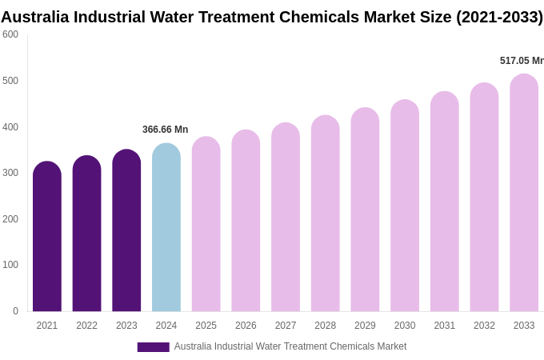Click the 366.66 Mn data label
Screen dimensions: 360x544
(x=165, y=130)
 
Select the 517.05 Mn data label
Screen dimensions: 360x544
(x=522, y=61)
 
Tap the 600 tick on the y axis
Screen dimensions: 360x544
(x=10, y=34)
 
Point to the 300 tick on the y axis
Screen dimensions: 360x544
(x=10, y=173)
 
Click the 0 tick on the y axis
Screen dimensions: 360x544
(x=15, y=311)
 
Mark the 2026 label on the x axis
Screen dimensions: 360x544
(x=246, y=326)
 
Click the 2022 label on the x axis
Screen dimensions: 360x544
(x=86, y=326)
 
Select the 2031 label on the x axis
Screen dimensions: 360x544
(x=445, y=326)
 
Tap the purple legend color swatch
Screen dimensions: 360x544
(x=153, y=347)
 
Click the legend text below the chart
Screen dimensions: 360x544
(x=290, y=346)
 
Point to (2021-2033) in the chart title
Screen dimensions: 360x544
(x=499, y=17)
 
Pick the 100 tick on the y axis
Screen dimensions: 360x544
(x=10, y=265)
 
